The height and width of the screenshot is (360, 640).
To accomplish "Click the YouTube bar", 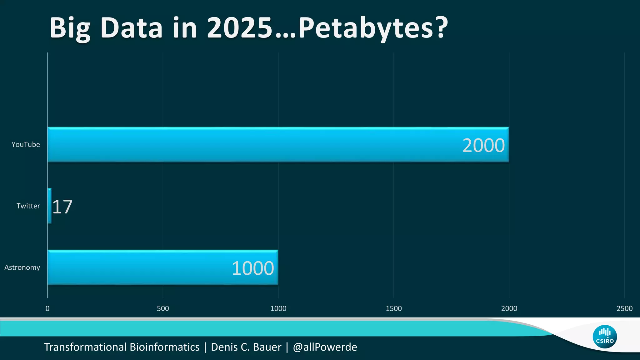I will click(250, 144).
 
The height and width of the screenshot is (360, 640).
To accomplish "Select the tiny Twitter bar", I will click(49, 206).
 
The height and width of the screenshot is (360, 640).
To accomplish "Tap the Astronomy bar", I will click(141, 267).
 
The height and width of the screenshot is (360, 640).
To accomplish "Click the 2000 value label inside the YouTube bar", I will click(483, 146).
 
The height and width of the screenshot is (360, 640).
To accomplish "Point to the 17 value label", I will click(62, 207).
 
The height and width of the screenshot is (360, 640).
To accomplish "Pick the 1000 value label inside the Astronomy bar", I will click(252, 268).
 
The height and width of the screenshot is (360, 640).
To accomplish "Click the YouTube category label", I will click(26, 145).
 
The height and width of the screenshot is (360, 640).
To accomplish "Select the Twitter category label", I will click(28, 206).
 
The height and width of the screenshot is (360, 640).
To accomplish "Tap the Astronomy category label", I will click(22, 267).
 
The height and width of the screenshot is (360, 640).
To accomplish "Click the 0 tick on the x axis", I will click(47, 309).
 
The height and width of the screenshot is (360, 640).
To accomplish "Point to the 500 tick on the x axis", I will click(163, 309).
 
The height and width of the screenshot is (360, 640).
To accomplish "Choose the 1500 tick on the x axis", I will click(394, 309).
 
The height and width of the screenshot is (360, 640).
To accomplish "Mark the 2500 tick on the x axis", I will click(624, 309).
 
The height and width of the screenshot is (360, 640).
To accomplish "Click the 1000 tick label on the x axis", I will click(278, 309).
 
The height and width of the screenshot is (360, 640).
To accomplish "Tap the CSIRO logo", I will click(605, 337).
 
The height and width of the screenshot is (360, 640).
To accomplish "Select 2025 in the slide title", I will click(240, 28).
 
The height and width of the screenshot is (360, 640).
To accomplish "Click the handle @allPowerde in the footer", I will click(325, 347).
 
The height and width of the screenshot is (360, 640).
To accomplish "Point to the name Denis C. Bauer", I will click(246, 347).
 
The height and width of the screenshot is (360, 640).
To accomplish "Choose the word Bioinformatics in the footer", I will click(164, 347).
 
